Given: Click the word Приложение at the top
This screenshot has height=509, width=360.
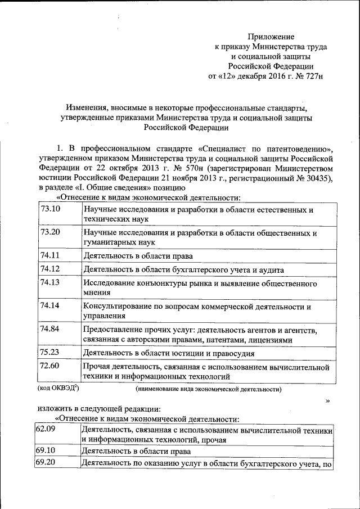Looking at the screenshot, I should pos(273,36).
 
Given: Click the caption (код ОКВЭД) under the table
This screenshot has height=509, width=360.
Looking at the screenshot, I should pos(58,388).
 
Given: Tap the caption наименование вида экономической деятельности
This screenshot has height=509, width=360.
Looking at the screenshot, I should pos(209,389).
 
